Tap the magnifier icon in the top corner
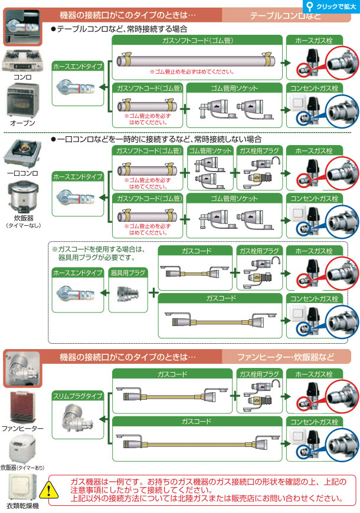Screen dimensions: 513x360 (x=312, y=6)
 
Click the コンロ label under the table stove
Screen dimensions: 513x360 (x=23, y=77)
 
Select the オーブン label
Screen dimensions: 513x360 (x=23, y=123)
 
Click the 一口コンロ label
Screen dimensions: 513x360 (x=22, y=173)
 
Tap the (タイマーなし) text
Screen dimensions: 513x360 (x=22, y=225)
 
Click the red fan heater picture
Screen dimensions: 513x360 (x=22, y=408)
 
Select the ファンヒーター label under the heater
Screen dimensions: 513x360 (x=22, y=429)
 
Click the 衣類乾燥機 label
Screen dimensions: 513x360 (x=22, y=506)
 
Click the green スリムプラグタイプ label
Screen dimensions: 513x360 (x=77, y=395)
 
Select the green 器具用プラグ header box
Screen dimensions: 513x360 (x=125, y=273)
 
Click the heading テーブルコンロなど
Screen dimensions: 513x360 (x=285, y=14)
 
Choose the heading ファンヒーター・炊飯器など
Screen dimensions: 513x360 (x=285, y=357)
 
